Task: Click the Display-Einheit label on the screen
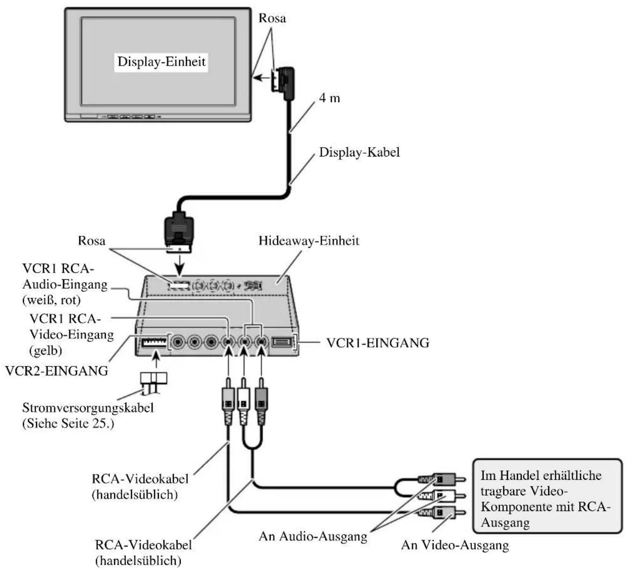[161, 61]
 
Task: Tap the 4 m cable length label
[330, 98]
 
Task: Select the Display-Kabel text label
[359, 152]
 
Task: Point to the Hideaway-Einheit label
[309, 241]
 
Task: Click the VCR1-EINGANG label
[377, 343]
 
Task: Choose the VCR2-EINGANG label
[57, 371]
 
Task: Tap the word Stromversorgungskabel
[88, 408]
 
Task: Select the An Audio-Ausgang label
[313, 536]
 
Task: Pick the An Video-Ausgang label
[455, 545]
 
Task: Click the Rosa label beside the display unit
[272, 18]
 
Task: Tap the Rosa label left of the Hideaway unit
[91, 241]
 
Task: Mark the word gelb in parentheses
[45, 350]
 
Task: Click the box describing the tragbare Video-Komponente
[547, 496]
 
